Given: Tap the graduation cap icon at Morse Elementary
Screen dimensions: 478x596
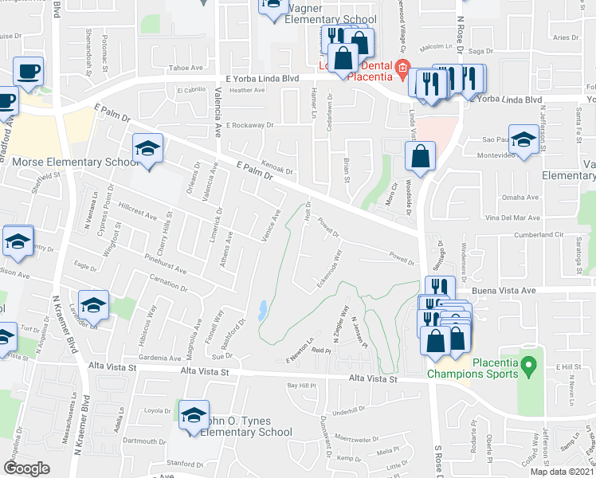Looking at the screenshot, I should (147, 149).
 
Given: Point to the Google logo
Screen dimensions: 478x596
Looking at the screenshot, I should (26, 468).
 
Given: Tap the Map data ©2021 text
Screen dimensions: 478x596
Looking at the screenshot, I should (562, 472).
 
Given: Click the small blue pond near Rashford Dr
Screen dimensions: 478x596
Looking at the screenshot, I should (262, 311).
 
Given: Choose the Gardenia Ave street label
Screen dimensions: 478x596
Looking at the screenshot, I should (160, 358).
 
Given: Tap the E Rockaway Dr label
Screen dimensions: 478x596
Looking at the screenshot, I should (249, 125).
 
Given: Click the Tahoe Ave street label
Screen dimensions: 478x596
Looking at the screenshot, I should (182, 69).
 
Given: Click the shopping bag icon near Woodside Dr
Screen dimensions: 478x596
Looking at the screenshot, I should (421, 157).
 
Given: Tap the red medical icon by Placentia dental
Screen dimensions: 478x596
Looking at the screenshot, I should (403, 68).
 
